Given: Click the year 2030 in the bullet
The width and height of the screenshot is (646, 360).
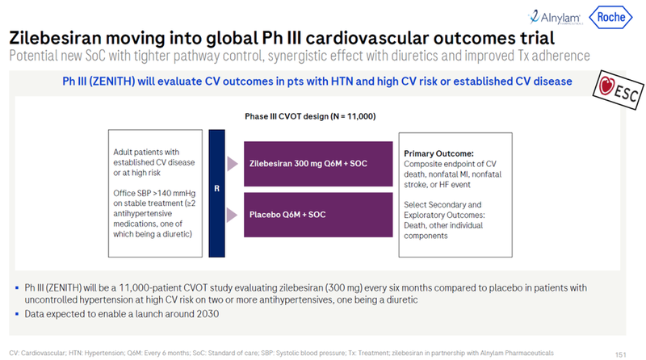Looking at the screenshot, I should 205,313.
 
